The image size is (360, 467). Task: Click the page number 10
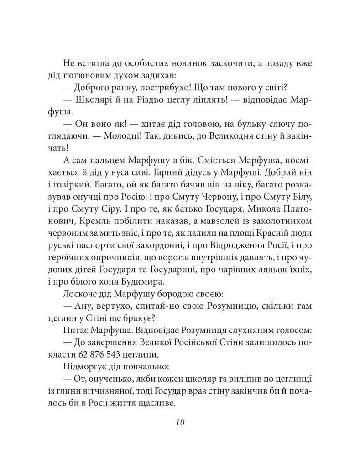pos(179,422)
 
